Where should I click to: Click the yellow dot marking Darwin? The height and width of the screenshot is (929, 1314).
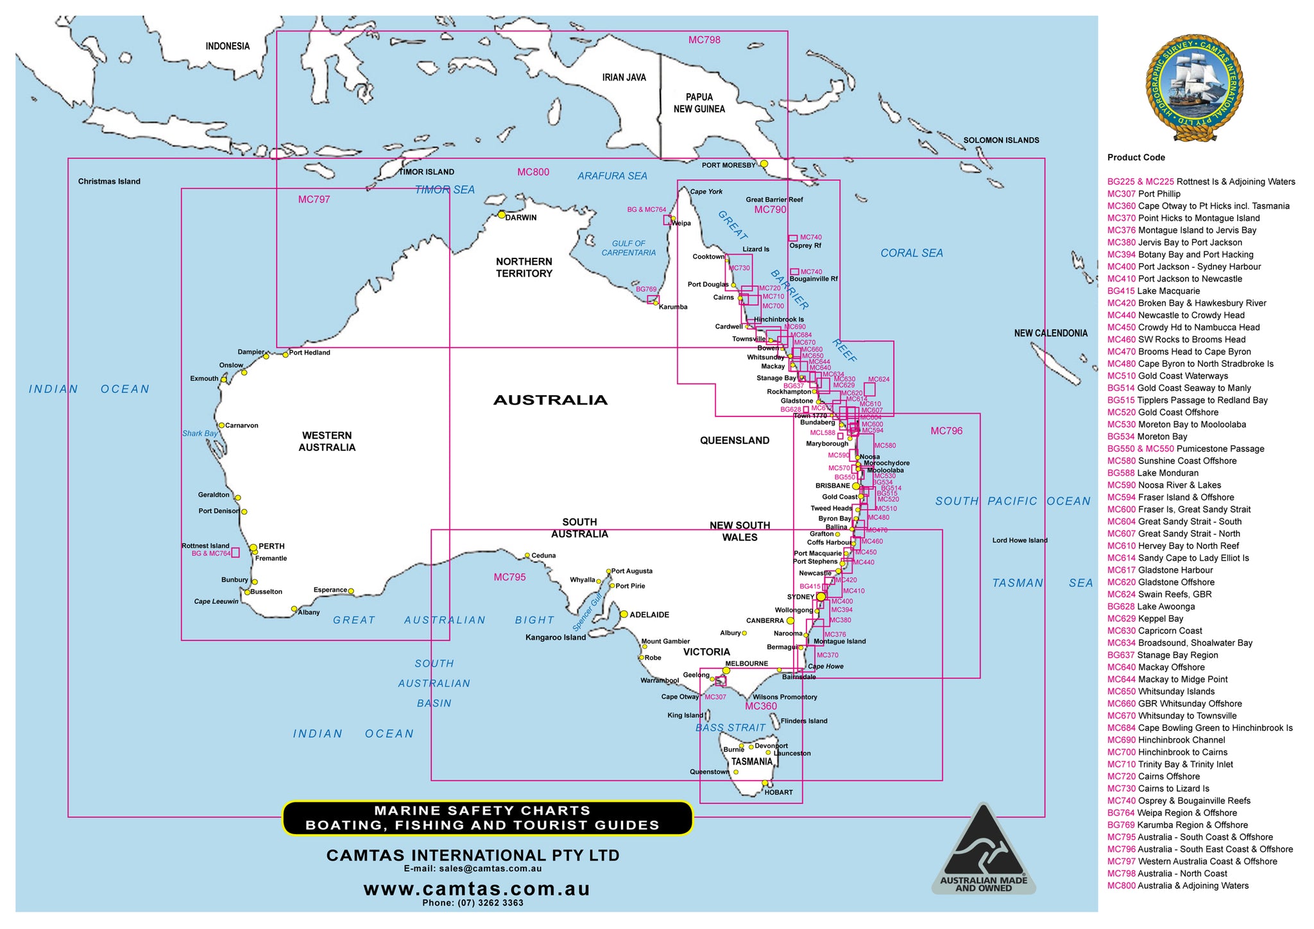point(502,215)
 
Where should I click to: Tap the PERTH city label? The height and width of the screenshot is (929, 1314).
point(271,547)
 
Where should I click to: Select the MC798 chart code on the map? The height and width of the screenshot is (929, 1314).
point(704,40)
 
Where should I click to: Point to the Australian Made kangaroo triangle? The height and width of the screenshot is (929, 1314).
point(983,850)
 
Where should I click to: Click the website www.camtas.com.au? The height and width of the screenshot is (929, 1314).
point(476,889)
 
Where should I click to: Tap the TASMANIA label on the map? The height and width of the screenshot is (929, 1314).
point(751,762)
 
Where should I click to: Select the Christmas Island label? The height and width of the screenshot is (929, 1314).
point(109,182)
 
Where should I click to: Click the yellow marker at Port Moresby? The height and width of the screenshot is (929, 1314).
point(764,164)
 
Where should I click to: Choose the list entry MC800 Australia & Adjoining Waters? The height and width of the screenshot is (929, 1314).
point(1177,885)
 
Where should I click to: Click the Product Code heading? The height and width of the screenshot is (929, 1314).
point(1136,157)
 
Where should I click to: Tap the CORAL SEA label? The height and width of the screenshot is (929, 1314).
point(911,253)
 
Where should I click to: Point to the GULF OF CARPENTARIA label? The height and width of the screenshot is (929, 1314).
point(628,248)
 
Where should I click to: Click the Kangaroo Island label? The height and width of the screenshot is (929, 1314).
point(555,637)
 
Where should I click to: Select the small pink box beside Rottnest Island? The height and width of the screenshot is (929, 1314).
point(235,552)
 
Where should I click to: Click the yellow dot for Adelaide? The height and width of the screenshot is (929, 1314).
point(624,614)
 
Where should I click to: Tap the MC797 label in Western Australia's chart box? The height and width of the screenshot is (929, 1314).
point(314,200)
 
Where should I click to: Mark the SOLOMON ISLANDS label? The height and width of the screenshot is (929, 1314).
point(1001,140)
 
